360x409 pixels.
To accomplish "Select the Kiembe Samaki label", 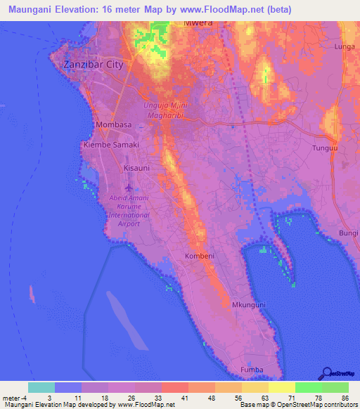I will pyautogui.click(x=111, y=144).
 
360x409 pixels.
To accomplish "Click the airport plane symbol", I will pyautogui.click(x=128, y=188).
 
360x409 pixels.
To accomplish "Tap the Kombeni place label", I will pyautogui.click(x=200, y=257).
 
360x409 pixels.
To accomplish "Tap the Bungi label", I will pyautogui.click(x=349, y=232).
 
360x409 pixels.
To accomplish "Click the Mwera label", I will pyautogui.click(x=198, y=22).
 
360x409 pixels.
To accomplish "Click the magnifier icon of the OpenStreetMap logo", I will pyautogui.click(x=326, y=372).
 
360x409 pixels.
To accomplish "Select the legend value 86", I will pyautogui.click(x=344, y=397).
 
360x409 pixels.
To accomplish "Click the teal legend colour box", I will pyautogui.click(x=41, y=387).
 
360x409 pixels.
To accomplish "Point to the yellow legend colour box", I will pyautogui.click(x=281, y=387).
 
